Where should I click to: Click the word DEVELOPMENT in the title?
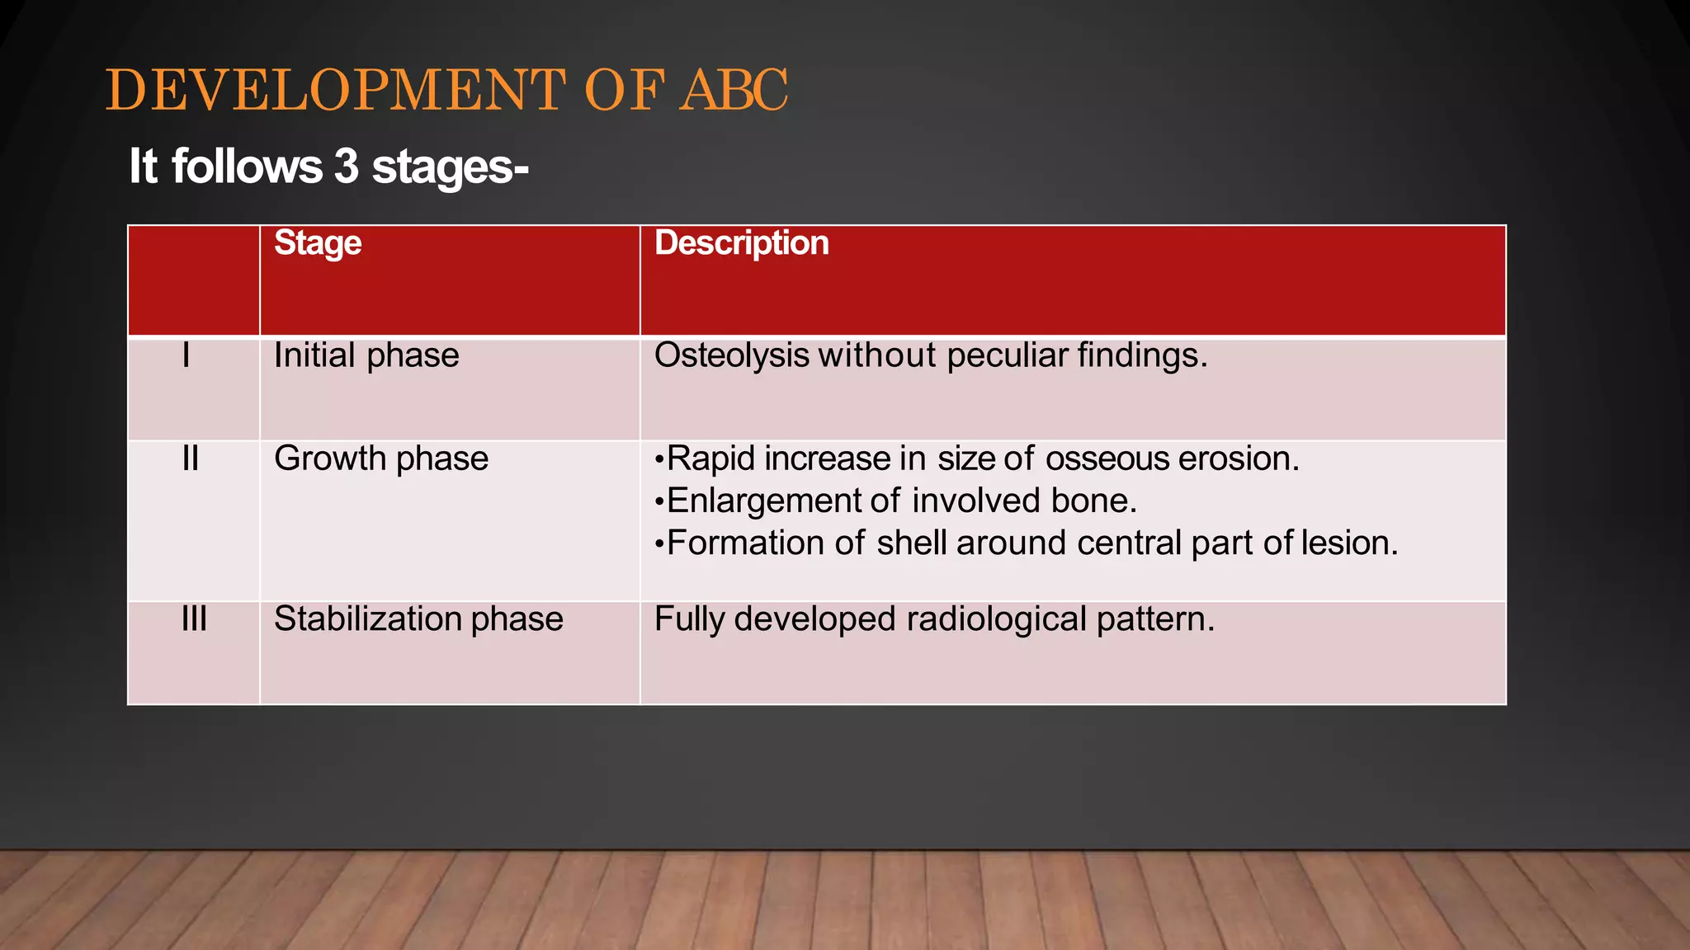coord(335,90)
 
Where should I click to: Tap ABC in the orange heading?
coord(734,90)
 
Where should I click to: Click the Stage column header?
coord(318,243)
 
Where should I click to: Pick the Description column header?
coord(741,243)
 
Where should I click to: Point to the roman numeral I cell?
coord(186,356)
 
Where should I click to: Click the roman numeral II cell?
coord(191,459)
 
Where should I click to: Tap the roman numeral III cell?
coord(194,619)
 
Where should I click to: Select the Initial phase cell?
coord(366,356)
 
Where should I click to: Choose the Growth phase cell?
coord(380,459)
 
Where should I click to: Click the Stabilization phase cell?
coord(418,619)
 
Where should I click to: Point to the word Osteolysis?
coord(731,356)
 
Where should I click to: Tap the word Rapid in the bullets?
coord(710,459)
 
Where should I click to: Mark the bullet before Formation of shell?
coord(659,544)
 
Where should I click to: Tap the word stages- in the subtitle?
coord(450,167)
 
